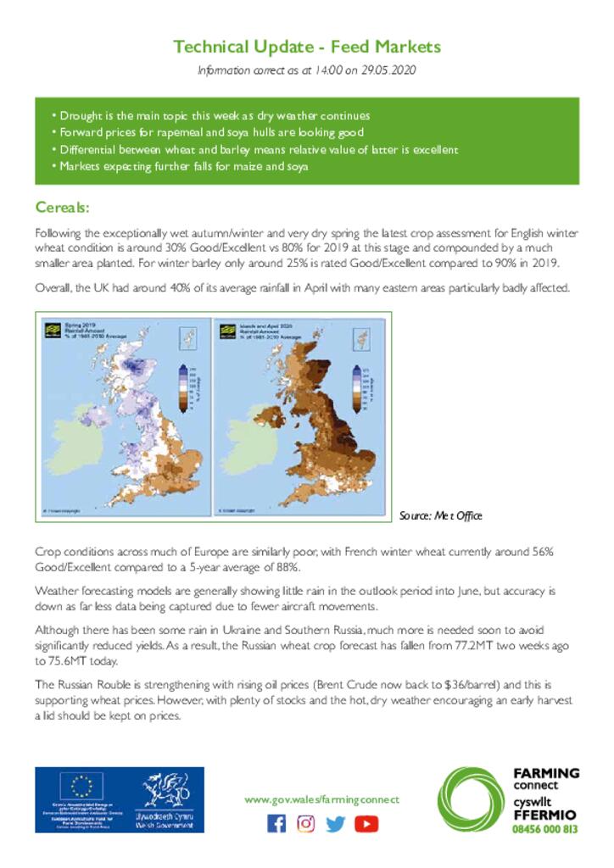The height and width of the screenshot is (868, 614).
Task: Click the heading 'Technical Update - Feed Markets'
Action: [307, 47]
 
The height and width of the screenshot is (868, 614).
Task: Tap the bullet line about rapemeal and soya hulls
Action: [207, 132]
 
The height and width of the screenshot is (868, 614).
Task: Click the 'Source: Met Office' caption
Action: [440, 515]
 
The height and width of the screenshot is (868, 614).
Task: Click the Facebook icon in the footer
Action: [276, 823]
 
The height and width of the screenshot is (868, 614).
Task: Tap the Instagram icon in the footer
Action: [306, 823]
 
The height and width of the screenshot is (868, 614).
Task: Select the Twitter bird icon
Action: [336, 823]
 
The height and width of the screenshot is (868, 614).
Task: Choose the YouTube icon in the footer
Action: [366, 823]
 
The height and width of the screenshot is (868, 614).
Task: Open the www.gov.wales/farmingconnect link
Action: [321, 799]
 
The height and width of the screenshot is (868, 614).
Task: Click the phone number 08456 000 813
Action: [546, 829]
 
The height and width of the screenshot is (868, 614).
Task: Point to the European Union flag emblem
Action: [86, 787]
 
